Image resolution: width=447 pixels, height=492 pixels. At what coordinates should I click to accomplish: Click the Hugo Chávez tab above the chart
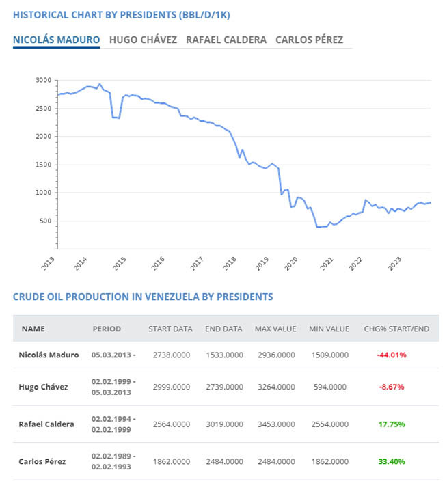143,40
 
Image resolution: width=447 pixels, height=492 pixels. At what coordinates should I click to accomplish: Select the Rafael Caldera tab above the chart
226,40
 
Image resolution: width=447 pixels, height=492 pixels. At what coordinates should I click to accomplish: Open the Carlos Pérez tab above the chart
309,40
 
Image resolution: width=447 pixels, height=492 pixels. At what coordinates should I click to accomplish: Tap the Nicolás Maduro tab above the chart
57,40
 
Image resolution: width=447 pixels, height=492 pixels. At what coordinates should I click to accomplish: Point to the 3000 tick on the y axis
43,80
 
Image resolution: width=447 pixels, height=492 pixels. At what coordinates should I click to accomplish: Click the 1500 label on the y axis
43,165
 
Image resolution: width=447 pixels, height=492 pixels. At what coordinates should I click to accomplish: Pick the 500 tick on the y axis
46,221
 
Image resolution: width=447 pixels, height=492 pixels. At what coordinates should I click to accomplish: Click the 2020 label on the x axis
291,264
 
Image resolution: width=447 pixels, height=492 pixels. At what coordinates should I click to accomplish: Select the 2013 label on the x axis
48,264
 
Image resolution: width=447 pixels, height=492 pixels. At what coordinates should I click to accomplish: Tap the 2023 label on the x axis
394,264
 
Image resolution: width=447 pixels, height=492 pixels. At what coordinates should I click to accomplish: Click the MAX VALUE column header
275,329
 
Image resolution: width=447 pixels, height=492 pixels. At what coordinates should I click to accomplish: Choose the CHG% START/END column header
396,329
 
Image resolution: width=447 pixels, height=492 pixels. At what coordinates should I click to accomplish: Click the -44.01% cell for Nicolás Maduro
392,355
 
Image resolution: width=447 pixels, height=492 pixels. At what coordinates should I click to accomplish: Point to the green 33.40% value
392,461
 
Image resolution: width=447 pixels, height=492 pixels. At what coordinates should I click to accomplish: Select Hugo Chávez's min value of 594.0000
330,387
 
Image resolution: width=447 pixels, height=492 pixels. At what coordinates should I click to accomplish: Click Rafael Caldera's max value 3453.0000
276,424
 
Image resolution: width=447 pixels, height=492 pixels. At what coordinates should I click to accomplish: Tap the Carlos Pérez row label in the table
42,461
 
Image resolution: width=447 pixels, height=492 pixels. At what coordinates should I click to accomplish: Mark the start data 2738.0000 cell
172,355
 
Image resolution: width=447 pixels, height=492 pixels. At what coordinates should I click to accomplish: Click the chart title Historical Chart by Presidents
122,15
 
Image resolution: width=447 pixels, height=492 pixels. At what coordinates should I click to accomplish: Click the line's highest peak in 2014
100,84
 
